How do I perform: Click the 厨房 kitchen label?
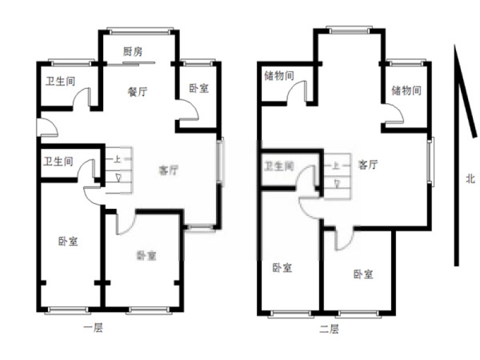click(133, 52)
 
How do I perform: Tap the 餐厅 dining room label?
click(137, 92)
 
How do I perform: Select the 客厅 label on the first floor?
click(169, 170)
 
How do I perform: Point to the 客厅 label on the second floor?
click(368, 164)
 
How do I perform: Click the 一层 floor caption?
click(94, 328)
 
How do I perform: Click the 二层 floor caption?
click(329, 329)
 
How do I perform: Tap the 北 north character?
click(470, 178)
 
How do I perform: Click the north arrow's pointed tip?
click(455, 45)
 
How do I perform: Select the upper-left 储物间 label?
click(279, 76)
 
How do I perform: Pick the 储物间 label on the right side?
click(406, 91)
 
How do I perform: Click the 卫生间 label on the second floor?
click(279, 166)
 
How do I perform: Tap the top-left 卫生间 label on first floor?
click(61, 81)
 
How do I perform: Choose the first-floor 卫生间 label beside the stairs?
click(58, 161)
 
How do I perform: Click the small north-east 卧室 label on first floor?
click(199, 88)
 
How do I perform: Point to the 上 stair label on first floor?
click(117, 159)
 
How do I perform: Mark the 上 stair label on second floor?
click(336, 166)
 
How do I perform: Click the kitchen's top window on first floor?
click(140, 31)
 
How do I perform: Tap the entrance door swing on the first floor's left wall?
click(47, 127)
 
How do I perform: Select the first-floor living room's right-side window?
click(220, 161)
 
